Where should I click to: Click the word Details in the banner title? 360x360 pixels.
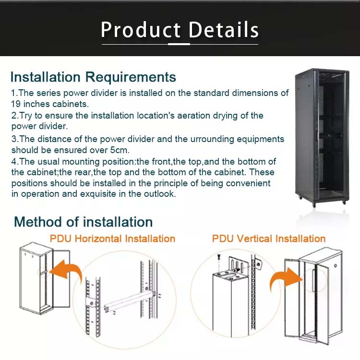point(224,30)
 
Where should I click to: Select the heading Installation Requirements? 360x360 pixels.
point(93,77)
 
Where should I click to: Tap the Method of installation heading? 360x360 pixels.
point(83,222)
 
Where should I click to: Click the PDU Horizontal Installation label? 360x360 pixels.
point(112,239)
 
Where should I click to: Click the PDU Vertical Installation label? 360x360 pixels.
point(269,239)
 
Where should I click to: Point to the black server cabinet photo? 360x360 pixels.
point(321,137)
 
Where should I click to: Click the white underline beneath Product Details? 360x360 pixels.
point(180,44)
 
